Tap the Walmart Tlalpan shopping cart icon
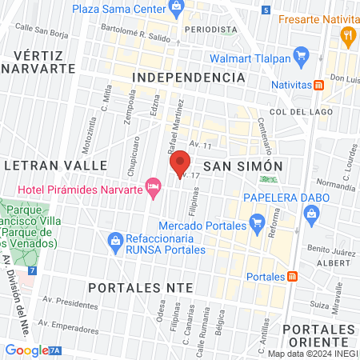click(302, 56)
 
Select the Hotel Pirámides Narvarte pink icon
click(153, 187)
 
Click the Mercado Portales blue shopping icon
click(257, 221)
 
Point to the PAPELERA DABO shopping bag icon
click(311, 212)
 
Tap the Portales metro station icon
click(293, 277)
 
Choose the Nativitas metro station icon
click(319, 85)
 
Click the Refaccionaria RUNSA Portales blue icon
click(115, 239)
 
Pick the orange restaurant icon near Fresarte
click(346, 35)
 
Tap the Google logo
click(26, 350)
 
